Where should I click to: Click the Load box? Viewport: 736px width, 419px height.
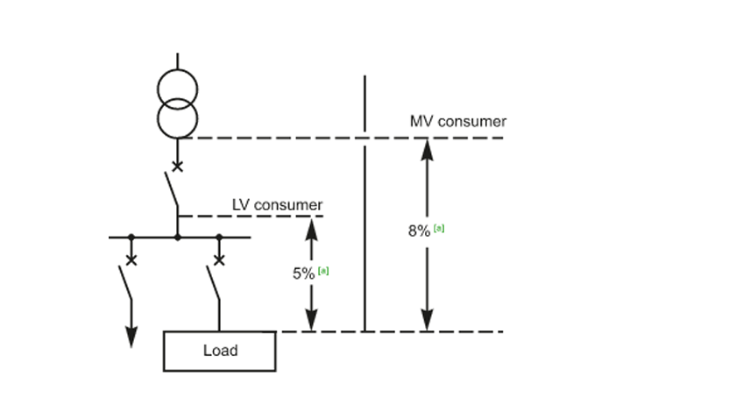220,351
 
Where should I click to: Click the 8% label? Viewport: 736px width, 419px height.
419,231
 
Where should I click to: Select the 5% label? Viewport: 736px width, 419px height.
303,273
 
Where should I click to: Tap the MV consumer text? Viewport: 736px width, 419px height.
457,121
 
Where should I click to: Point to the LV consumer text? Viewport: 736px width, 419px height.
277,205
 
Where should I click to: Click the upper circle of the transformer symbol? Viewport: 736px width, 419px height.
178,87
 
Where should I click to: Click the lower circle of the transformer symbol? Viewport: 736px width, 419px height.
178,117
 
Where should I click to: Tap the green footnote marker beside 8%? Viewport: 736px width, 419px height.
439,228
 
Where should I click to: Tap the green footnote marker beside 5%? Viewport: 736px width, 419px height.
323,270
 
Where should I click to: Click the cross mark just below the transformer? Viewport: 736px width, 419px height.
178,167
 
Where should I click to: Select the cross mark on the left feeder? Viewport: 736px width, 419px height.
131,259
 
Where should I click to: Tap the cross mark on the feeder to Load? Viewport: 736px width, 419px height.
219,259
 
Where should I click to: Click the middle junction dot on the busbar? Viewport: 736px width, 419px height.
178,237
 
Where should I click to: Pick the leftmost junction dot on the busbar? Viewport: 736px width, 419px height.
131,237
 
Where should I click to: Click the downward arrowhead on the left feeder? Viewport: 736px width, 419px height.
131,337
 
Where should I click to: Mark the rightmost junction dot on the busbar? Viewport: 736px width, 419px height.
219,237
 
